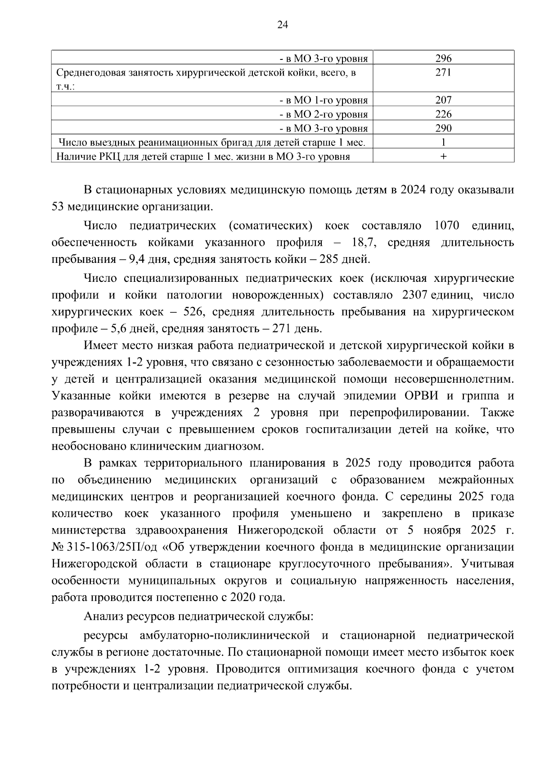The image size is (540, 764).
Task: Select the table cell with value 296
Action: pyautogui.click(x=443, y=58)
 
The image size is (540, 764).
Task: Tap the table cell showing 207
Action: pyautogui.click(x=443, y=100)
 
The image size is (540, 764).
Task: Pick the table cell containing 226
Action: pyautogui.click(x=443, y=114)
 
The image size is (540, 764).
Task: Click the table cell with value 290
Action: pyautogui.click(x=443, y=128)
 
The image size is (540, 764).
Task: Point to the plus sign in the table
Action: pyautogui.click(x=443, y=157)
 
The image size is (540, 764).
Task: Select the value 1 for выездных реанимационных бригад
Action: pyautogui.click(x=443, y=142)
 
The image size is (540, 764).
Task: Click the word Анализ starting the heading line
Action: pyautogui.click(x=102, y=616)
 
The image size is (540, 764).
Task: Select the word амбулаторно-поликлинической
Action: pyautogui.click(x=225, y=635)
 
